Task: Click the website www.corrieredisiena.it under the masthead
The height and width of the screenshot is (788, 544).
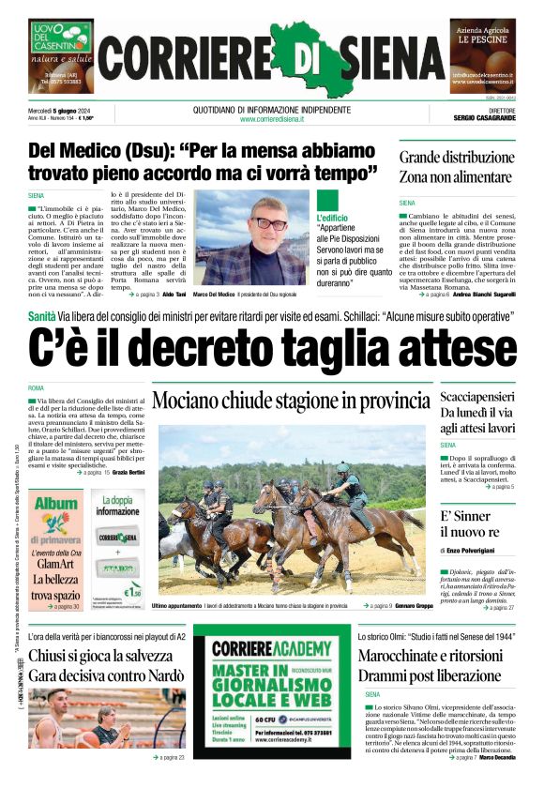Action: pos(272,119)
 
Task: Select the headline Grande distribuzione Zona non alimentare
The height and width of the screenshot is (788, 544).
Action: pos(457,166)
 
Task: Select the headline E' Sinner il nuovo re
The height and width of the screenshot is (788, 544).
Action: pos(466,525)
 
